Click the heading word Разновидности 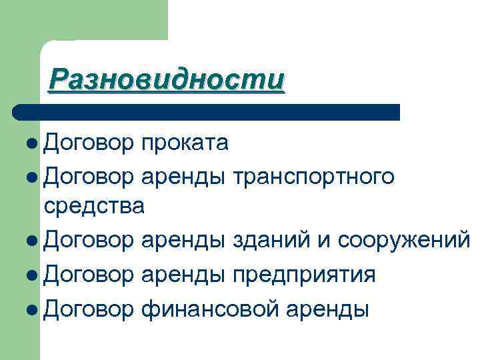point(167,80)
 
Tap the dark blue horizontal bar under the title point(207,112)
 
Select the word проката point(184,143)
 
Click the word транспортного point(313,176)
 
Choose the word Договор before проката point(89,143)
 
